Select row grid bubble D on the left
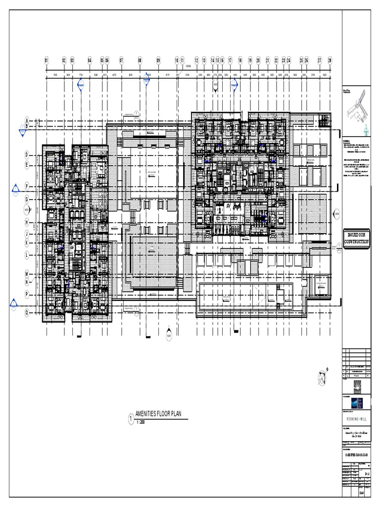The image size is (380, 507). pyautogui.click(x=27, y=154)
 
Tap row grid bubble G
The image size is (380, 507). pyautogui.click(x=27, y=199)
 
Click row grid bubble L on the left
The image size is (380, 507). pyautogui.click(x=27, y=255)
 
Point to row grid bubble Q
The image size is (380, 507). pyautogui.click(x=27, y=313)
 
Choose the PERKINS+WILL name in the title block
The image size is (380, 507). pyautogui.click(x=356, y=417)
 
